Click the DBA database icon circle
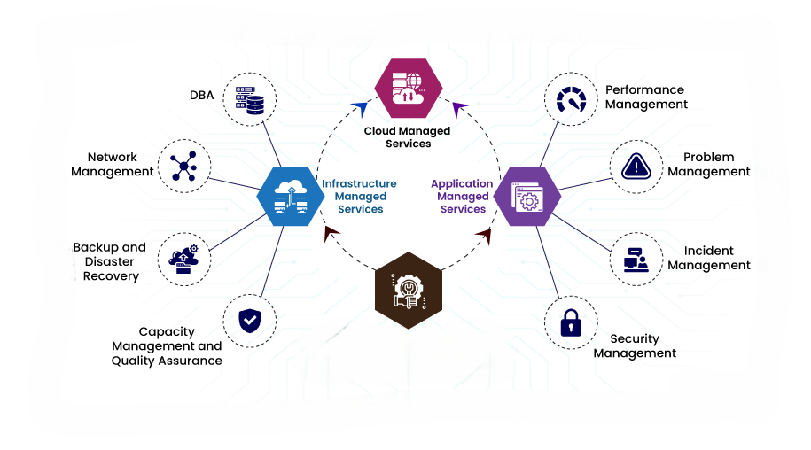249,98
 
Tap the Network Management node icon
183,166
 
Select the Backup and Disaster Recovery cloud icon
183,258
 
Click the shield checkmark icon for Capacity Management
249,320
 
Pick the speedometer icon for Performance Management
570,99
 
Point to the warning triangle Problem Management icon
636,166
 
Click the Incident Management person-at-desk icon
636,258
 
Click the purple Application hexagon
526,195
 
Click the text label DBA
201,95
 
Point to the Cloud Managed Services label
408,137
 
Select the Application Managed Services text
462,197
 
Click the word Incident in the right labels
708,251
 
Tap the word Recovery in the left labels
111,276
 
